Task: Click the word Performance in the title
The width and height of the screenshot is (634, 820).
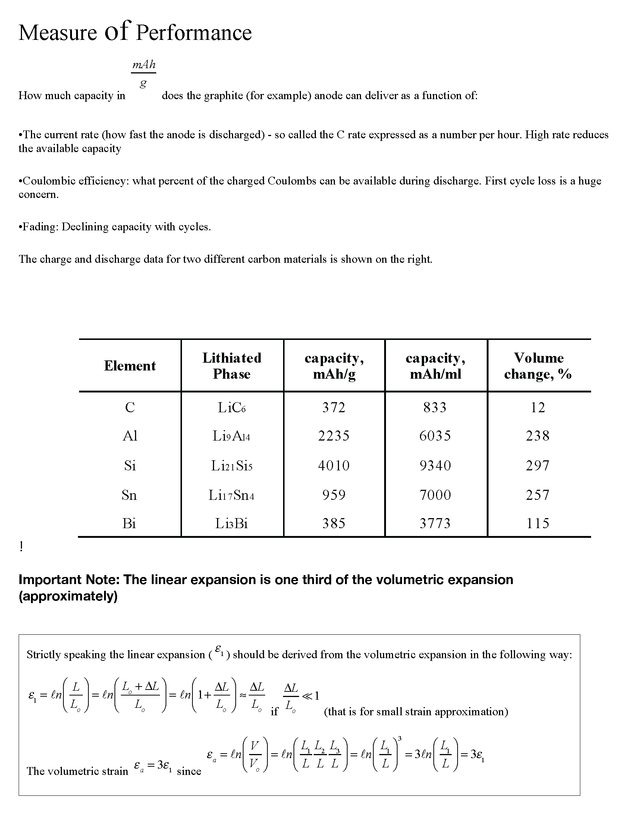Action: click(x=194, y=33)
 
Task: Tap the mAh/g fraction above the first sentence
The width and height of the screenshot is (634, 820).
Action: click(x=144, y=73)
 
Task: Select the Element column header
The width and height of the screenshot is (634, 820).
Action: click(x=129, y=366)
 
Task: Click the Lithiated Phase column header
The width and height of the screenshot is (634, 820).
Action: click(x=232, y=366)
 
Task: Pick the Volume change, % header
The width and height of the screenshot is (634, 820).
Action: click(x=538, y=366)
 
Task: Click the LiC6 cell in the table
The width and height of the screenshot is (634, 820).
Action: click(x=232, y=408)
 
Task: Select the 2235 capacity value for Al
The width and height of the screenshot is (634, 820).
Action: click(x=333, y=436)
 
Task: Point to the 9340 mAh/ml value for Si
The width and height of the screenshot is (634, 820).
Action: click(x=435, y=466)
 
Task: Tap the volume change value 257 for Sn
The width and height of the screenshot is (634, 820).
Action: click(x=537, y=495)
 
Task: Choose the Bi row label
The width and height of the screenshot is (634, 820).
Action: click(x=129, y=523)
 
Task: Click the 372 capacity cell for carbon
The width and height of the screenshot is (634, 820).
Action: click(x=333, y=408)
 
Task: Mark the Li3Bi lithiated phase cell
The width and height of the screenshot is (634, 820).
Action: click(x=232, y=523)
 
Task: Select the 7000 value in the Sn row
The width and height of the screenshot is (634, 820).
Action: click(x=435, y=495)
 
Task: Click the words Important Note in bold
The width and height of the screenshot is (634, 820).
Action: click(x=69, y=580)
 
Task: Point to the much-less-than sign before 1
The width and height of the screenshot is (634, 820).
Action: click(x=307, y=696)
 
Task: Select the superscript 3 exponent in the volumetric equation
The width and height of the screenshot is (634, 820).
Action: click(x=400, y=738)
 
